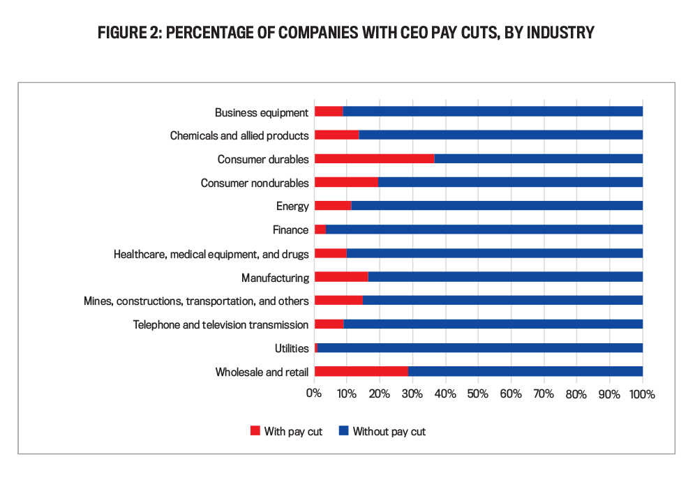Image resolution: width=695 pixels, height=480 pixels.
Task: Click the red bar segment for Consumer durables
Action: click(374, 159)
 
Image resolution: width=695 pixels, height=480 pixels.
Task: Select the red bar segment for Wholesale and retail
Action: click(361, 372)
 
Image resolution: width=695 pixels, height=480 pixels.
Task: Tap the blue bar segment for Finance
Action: click(484, 230)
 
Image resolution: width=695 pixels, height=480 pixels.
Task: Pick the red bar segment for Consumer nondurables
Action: click(346, 183)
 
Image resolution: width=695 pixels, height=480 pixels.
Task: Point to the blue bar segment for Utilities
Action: click(480, 348)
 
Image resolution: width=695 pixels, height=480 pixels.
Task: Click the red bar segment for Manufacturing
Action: click(341, 277)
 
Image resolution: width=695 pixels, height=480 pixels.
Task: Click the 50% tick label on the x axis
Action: click(478, 394)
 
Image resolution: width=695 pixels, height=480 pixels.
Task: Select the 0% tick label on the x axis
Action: click(314, 394)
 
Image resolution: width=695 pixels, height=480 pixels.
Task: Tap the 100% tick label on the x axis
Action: click(642, 394)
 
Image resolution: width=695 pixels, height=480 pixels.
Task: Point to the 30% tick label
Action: click(412, 394)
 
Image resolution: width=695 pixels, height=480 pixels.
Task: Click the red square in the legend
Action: click(255, 431)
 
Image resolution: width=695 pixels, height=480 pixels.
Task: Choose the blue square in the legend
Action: click(343, 431)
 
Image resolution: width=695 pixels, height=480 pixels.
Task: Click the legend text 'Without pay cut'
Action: click(389, 431)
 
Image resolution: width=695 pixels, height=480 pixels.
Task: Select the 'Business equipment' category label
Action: click(262, 112)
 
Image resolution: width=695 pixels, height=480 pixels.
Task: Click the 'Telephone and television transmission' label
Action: click(221, 324)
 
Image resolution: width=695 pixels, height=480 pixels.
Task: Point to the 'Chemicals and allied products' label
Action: click(239, 135)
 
